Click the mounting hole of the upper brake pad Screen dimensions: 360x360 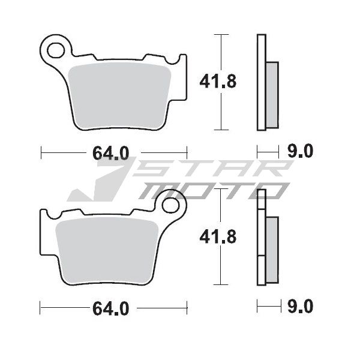[x=56, y=50]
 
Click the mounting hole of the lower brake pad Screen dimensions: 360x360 [x=170, y=205]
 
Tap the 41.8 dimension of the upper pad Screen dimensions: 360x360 [x=218, y=82]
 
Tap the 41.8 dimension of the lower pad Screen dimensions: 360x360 [x=218, y=237]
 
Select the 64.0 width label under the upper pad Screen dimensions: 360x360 [x=111, y=153]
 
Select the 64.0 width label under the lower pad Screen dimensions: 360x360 [x=111, y=308]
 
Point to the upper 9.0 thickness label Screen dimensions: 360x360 [x=301, y=151]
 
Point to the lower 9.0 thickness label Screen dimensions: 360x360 [x=301, y=306]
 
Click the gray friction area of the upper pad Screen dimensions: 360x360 [x=120, y=95]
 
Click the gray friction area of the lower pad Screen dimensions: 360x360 [x=107, y=250]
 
